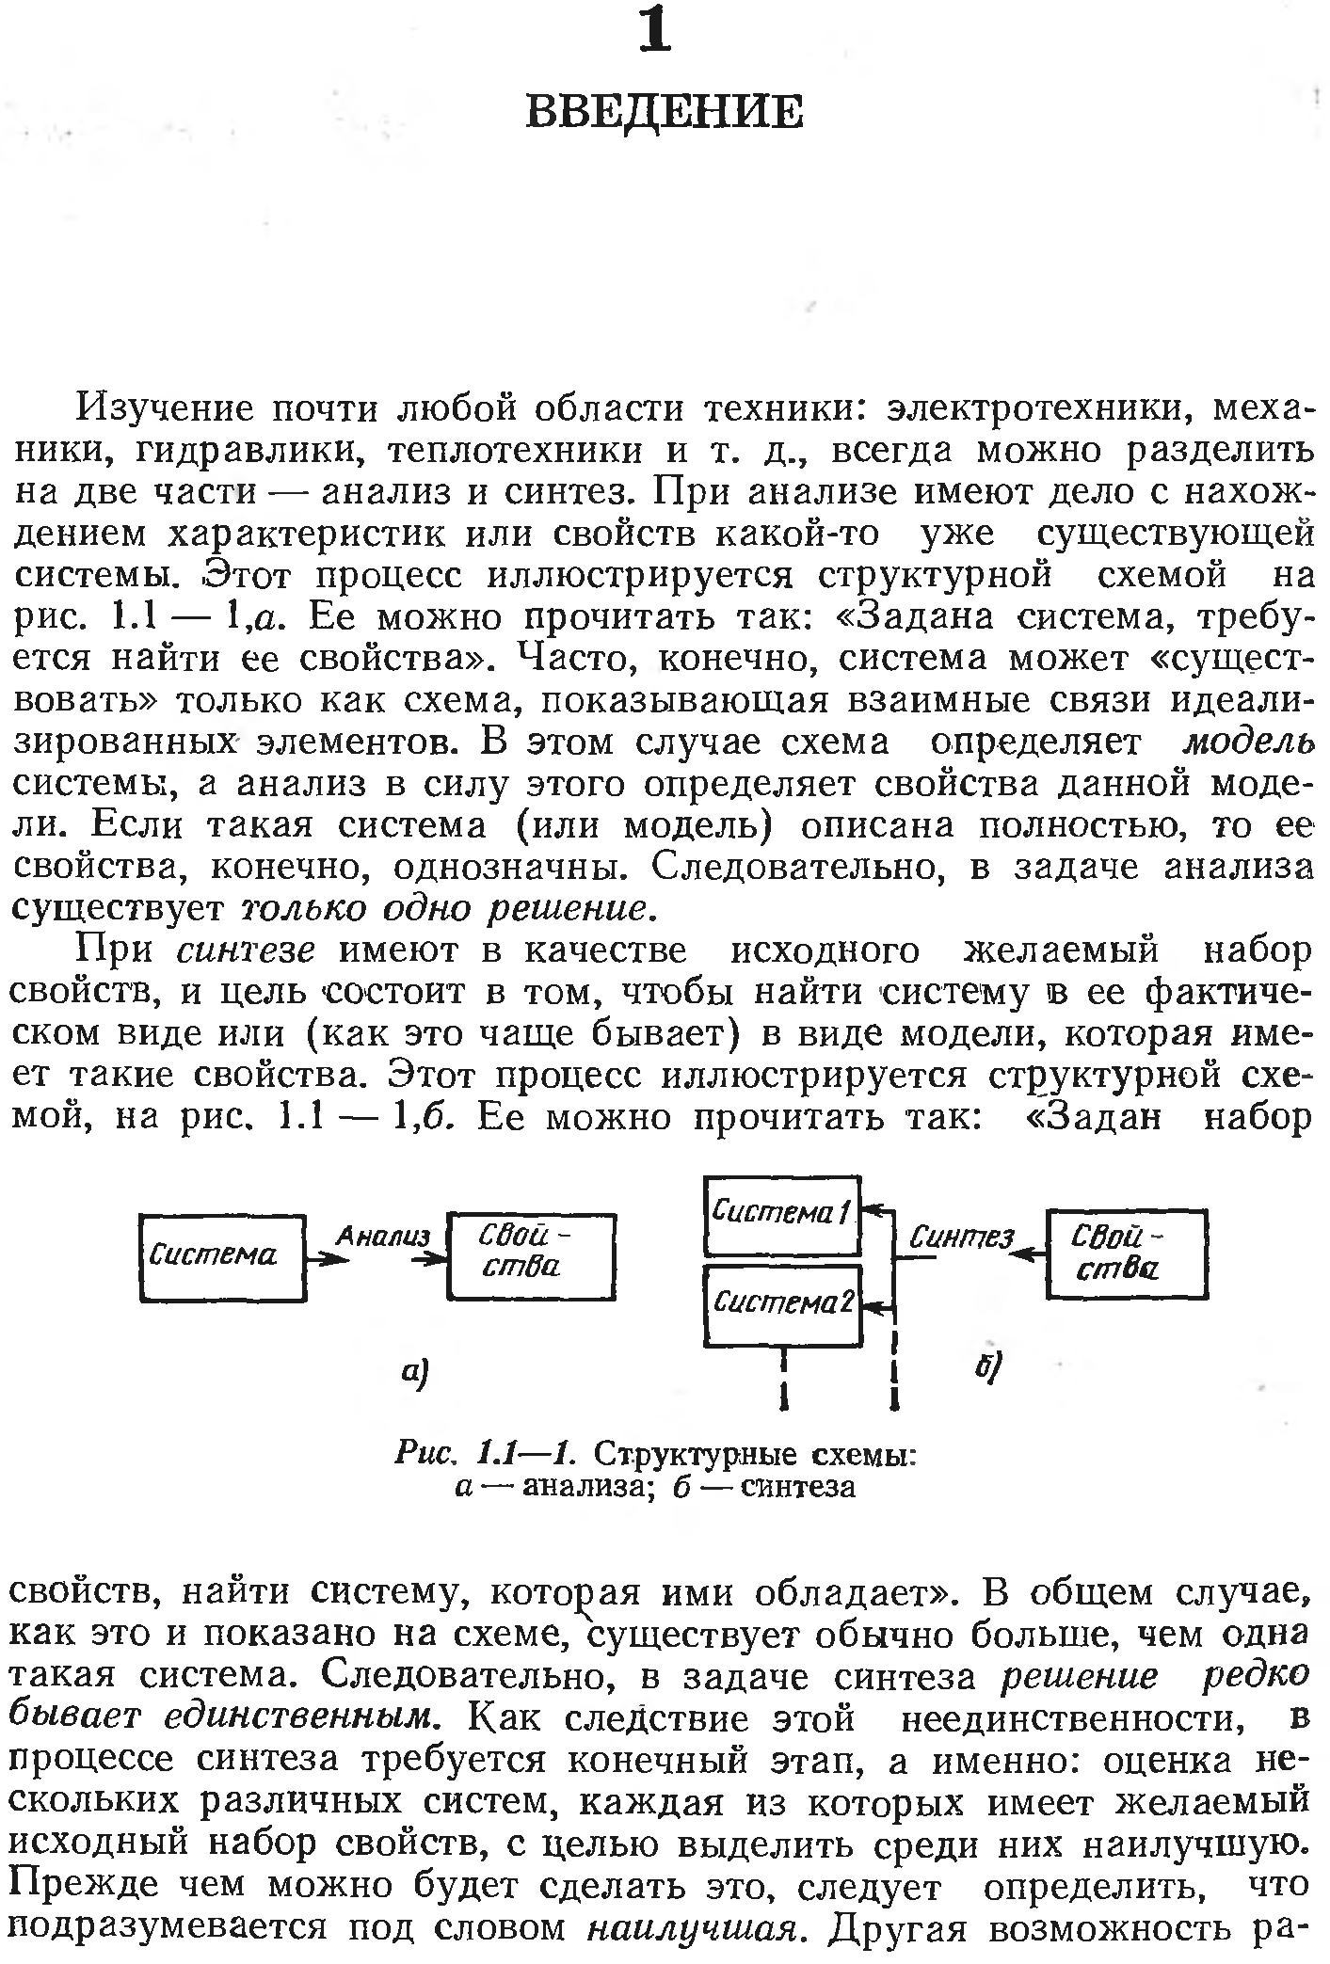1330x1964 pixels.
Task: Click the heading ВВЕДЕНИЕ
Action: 664,112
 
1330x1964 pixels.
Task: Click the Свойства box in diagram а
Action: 532,1256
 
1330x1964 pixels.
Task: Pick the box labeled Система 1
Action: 782,1215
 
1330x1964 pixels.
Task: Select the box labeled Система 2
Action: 782,1304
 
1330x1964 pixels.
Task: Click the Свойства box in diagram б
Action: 1126,1253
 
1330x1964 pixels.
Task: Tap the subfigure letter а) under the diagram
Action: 414,1375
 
